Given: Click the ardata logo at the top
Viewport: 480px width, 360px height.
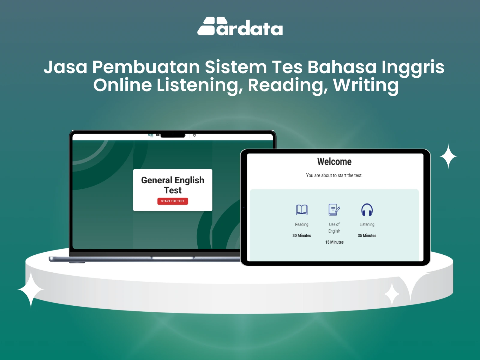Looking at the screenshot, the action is (x=240, y=26).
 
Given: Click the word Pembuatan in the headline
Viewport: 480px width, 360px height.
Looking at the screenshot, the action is (x=146, y=67).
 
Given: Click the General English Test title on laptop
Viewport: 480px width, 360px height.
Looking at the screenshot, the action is (x=172, y=185).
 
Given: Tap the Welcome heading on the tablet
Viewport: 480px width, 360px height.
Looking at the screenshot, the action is (x=334, y=162).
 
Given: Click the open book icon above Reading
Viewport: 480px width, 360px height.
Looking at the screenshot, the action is (x=301, y=210).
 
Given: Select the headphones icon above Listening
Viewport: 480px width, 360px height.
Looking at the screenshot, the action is (x=367, y=210).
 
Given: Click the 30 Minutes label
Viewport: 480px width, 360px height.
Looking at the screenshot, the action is (x=301, y=235).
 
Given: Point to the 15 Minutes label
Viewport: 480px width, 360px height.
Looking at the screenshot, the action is (x=334, y=242).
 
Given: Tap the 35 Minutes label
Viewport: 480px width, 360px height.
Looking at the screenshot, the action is (x=367, y=235).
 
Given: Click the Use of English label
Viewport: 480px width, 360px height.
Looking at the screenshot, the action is (x=334, y=227).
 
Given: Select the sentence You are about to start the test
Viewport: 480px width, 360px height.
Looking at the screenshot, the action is (x=334, y=175).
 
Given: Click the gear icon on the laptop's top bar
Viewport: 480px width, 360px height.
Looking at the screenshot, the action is (x=194, y=135).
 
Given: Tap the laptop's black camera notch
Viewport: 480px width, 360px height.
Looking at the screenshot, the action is (x=172, y=135).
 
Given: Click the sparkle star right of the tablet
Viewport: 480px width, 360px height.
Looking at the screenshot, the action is (x=448, y=156).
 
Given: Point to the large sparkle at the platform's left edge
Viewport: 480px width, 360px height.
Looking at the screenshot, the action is (x=31, y=289).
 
